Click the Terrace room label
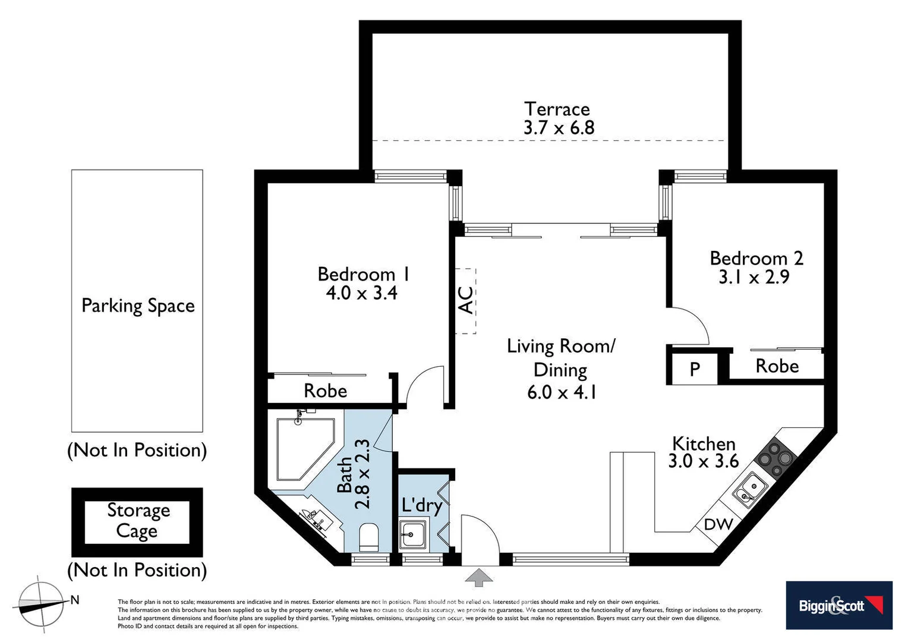point(557,109)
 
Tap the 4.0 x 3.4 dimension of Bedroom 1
point(361,292)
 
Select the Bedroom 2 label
point(756,258)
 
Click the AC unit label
point(466,300)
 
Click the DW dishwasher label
point(718,524)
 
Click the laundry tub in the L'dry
point(413,533)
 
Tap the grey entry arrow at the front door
point(480,577)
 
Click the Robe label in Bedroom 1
point(325,391)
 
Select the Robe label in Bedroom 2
point(777,366)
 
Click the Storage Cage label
point(138,521)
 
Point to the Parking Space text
point(138,306)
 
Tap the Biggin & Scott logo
point(838,605)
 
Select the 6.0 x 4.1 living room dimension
point(561,392)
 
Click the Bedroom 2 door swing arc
point(692,324)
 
